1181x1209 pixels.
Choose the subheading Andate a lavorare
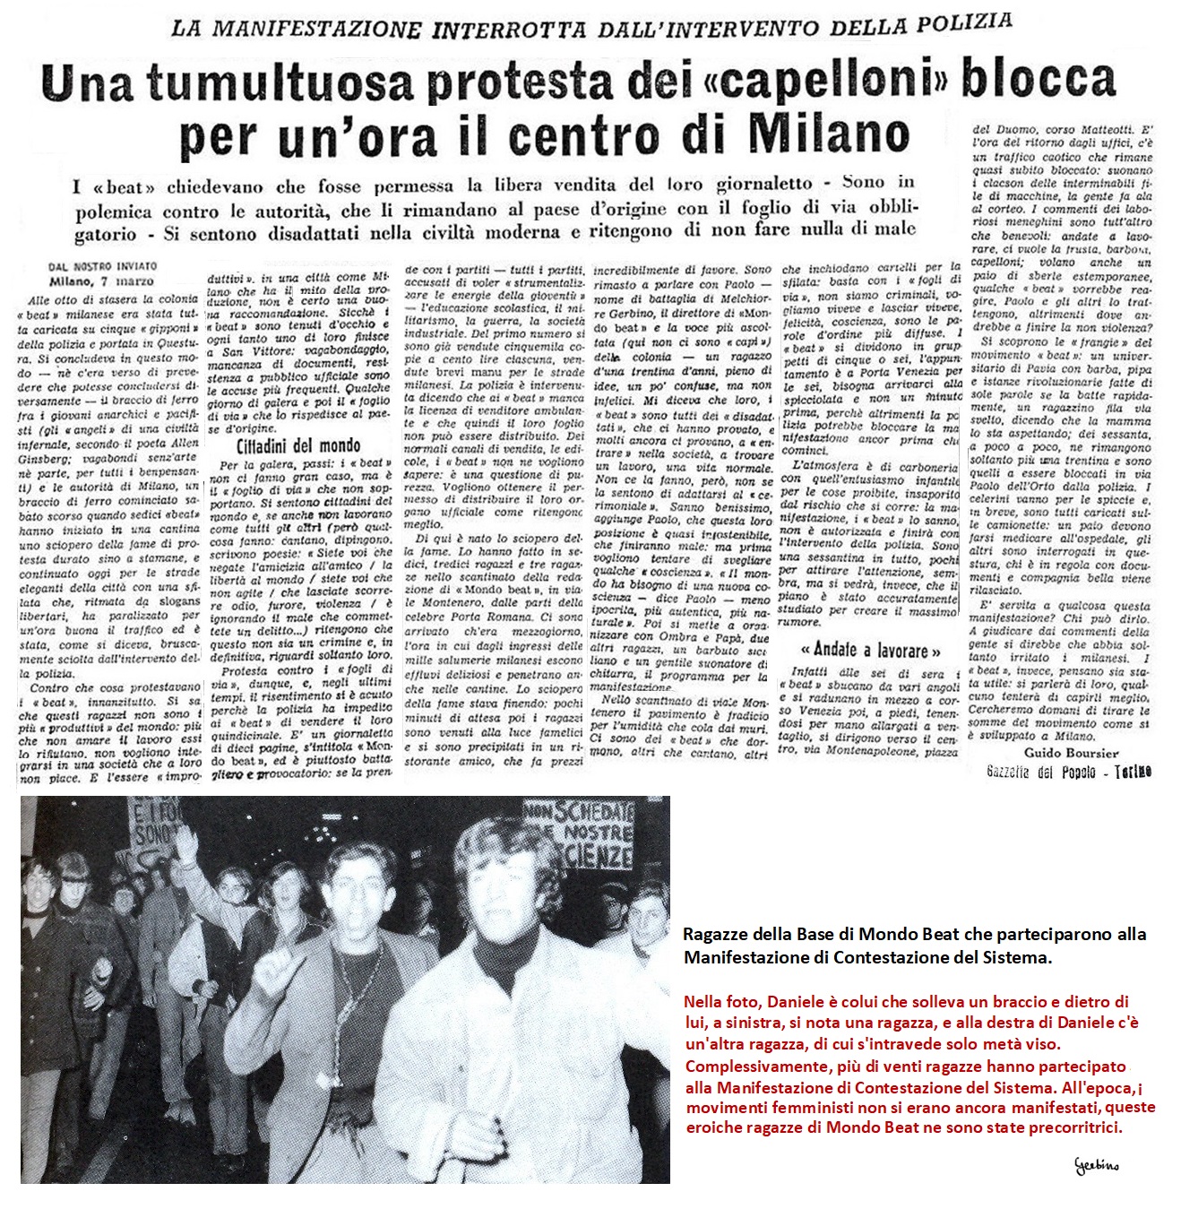[870, 650]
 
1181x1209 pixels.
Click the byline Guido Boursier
[1072, 753]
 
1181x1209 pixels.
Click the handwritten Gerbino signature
[1097, 1165]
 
